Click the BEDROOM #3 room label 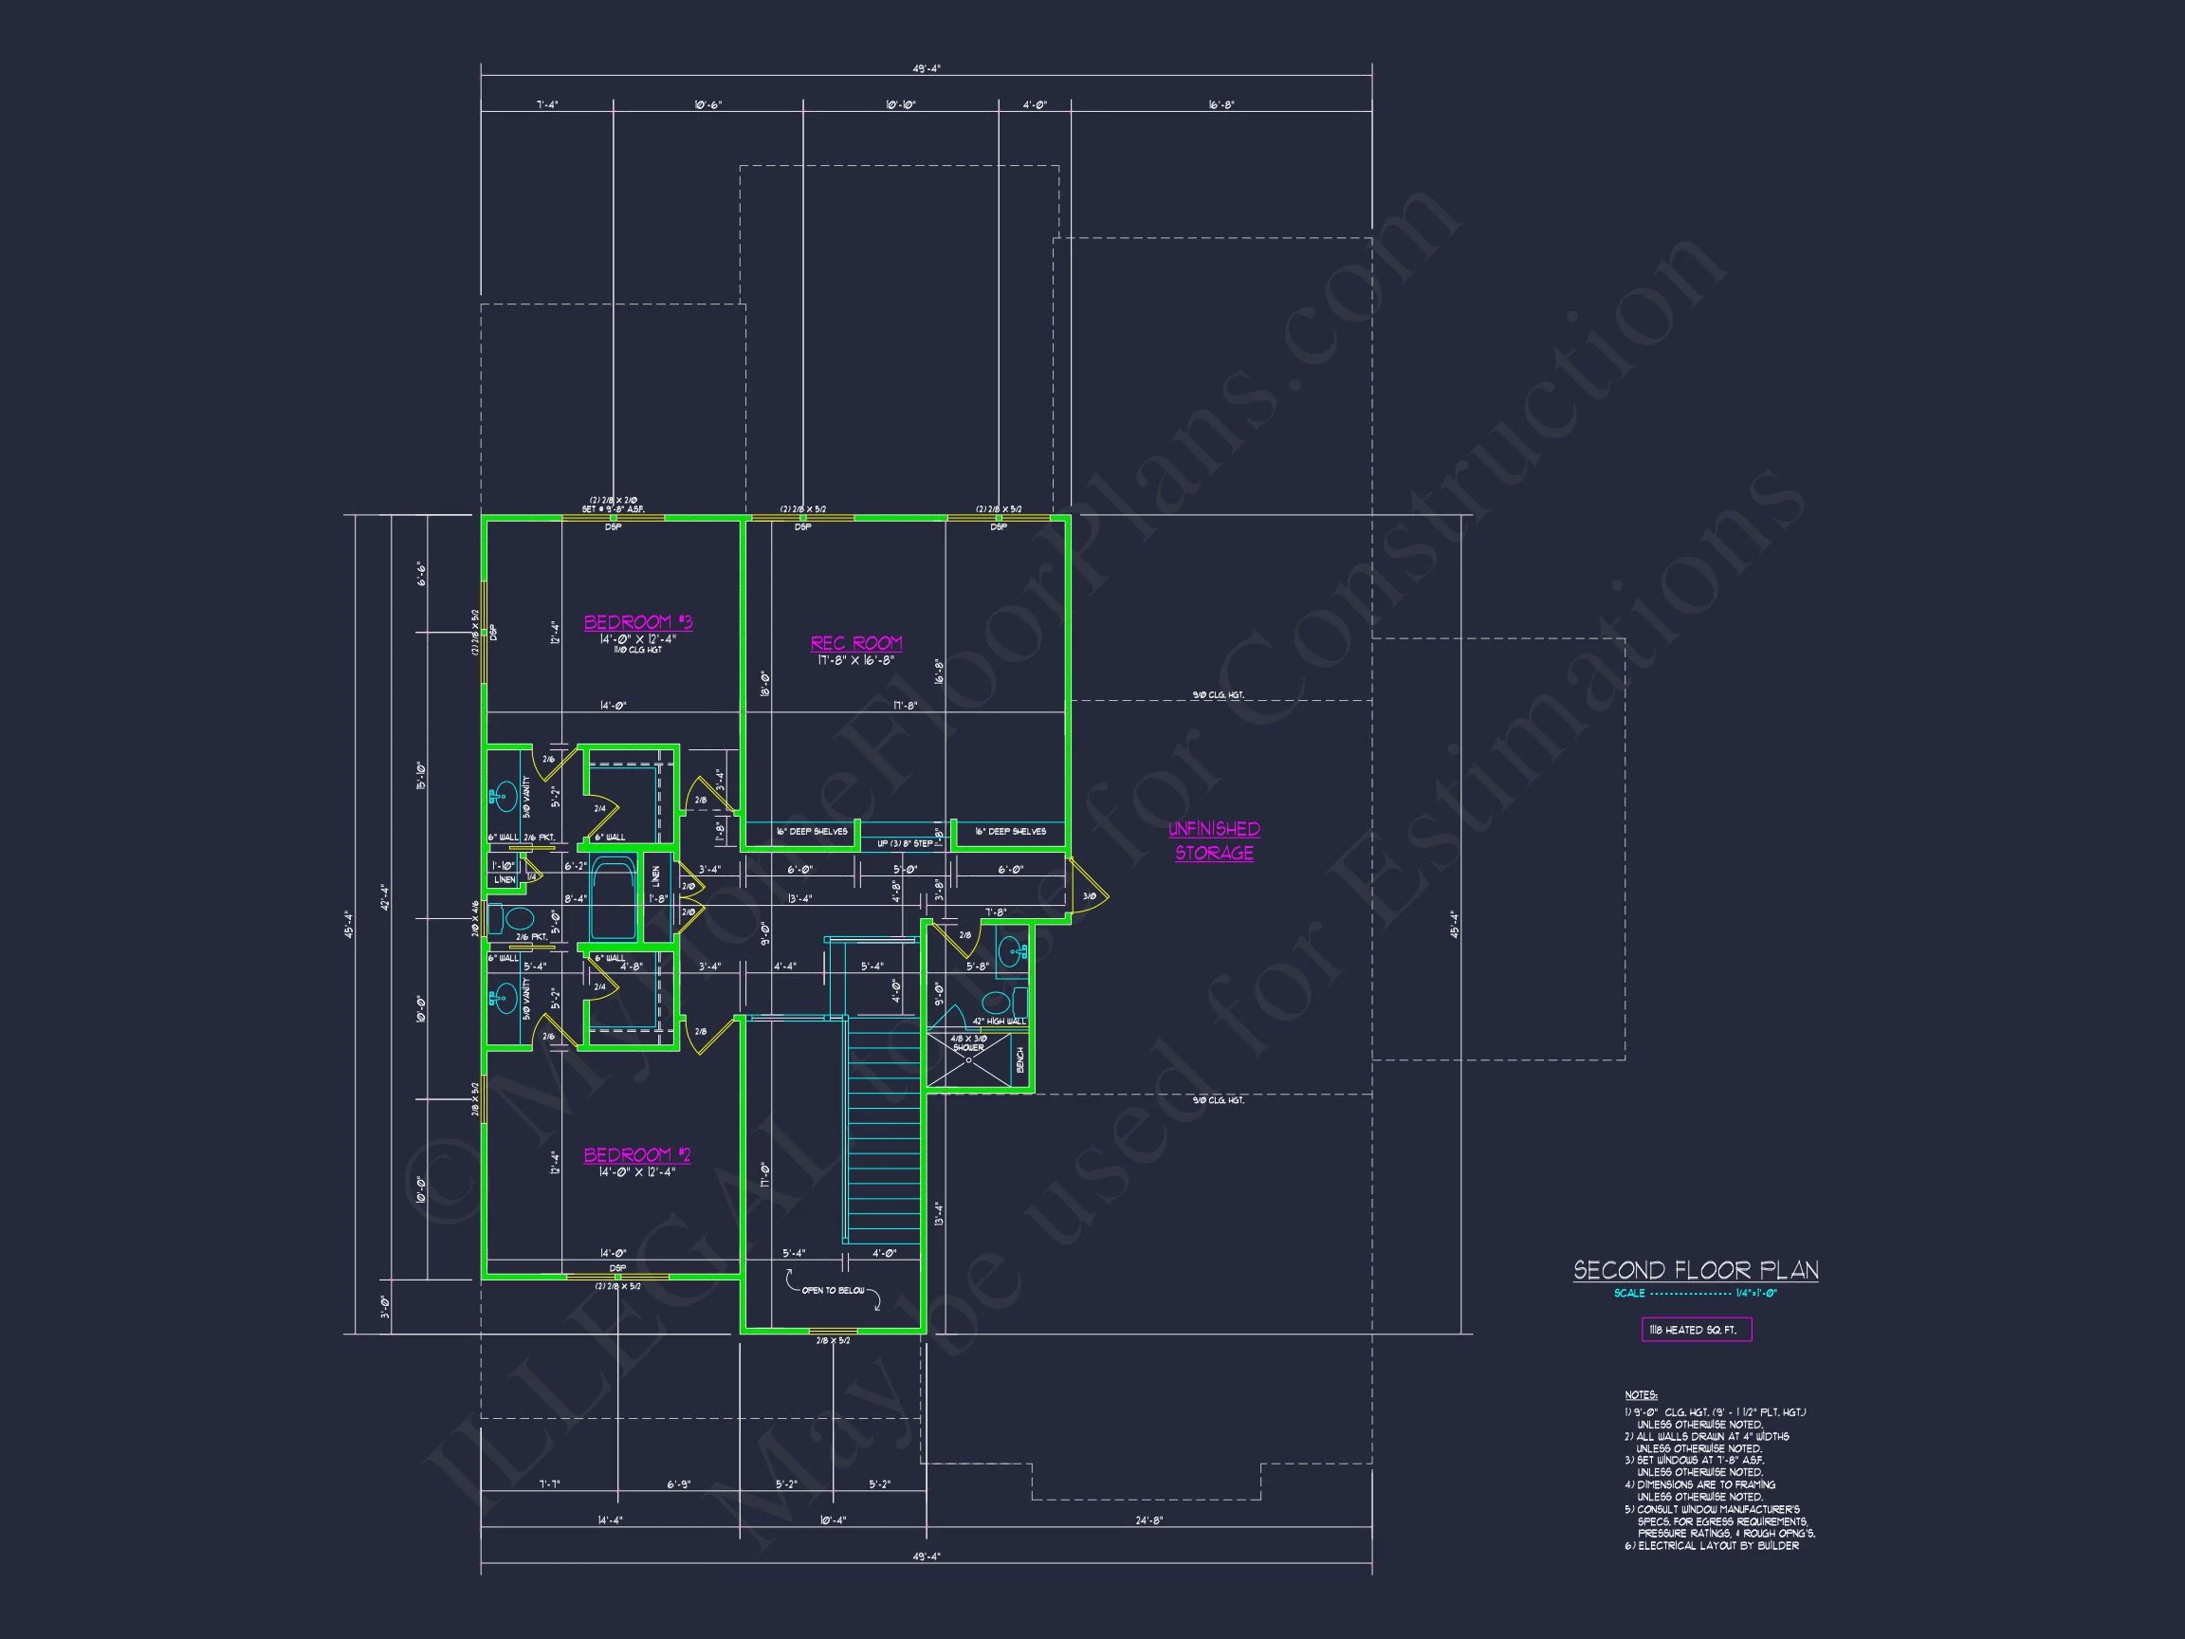click(637, 622)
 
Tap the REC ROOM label click(855, 643)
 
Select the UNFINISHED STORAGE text click(1214, 840)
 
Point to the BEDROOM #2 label click(636, 1155)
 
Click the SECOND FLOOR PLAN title click(1695, 1270)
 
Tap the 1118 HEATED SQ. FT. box click(1696, 1330)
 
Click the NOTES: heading click(1640, 1395)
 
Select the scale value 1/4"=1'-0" click(1755, 1293)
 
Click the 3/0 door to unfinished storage click(1089, 896)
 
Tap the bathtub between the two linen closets click(615, 899)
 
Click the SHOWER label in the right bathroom click(968, 1047)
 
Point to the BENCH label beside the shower click(1020, 1060)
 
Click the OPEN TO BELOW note click(833, 1290)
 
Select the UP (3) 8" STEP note click(904, 844)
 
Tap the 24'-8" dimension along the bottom click(1148, 1520)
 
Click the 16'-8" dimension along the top click(1221, 104)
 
